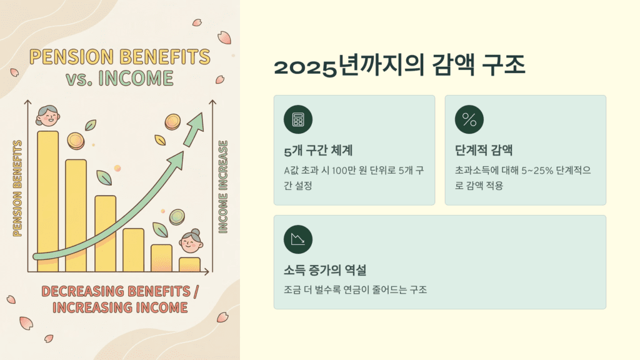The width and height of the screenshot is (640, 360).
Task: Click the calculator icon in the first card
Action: coord(297,120)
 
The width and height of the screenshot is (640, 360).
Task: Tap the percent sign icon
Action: coord(469,120)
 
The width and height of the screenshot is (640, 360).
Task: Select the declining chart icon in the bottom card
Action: coord(297,239)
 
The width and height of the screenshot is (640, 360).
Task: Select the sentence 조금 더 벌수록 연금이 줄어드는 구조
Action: coord(354,289)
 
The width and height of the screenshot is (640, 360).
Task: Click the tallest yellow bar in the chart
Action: coord(47,200)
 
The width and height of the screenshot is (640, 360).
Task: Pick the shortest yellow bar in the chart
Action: coord(189,264)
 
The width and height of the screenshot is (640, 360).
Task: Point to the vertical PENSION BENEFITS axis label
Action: coord(17,187)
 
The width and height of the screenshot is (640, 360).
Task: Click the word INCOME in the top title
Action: coord(138,79)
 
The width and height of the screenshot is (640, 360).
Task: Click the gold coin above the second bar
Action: coord(76,141)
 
